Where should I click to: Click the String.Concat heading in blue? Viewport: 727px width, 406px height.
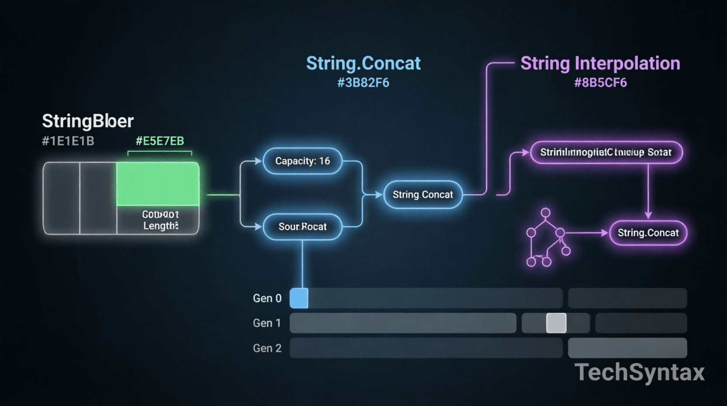(x=363, y=63)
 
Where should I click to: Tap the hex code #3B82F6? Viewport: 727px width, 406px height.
(x=363, y=83)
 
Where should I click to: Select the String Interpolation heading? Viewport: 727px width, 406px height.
(x=600, y=63)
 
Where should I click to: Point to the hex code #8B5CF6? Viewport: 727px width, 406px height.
(x=600, y=83)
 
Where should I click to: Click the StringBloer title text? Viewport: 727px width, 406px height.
(x=87, y=121)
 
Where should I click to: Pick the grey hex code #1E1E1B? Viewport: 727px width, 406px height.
(x=68, y=141)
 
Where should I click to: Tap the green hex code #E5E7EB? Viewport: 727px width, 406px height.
(x=159, y=141)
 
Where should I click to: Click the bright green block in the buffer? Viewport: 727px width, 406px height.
(x=158, y=184)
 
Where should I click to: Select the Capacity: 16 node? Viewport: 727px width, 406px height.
(x=302, y=161)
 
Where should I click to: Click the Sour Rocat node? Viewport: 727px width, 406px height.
(x=302, y=227)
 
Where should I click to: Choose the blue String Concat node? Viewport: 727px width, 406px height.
(x=422, y=195)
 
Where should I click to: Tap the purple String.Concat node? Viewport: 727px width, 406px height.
(x=648, y=233)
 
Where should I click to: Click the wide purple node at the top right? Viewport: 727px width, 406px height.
(x=606, y=152)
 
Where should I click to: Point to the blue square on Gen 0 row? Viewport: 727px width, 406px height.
(x=299, y=298)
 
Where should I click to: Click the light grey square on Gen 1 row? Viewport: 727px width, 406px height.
(x=556, y=323)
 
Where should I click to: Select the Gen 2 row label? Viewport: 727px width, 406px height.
(x=267, y=348)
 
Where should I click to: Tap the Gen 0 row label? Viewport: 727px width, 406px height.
(x=267, y=298)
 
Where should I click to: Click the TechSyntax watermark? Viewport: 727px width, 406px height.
(x=639, y=372)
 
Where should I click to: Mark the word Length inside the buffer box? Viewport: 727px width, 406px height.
(x=160, y=226)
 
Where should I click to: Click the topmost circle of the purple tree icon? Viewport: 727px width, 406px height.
(x=545, y=213)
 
